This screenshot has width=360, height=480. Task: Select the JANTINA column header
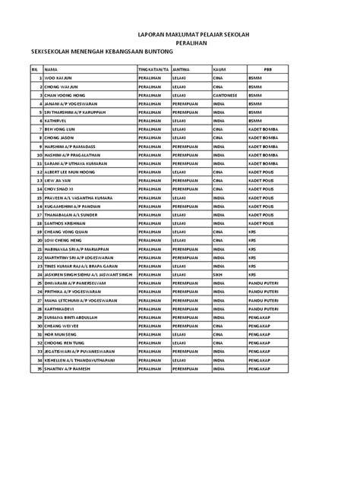181,69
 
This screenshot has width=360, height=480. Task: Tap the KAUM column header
219,69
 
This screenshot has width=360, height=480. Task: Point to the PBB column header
267,69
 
